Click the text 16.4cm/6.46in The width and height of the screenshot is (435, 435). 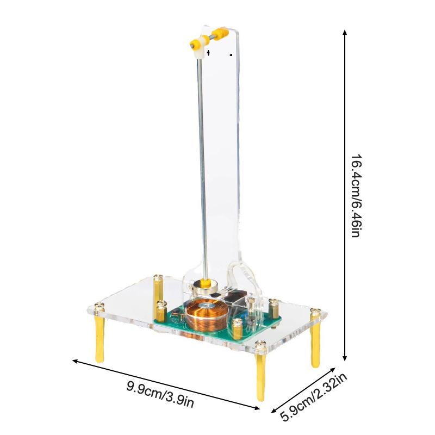pyautogui.click(x=356, y=196)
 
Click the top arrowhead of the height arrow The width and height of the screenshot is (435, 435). pyautogui.click(x=345, y=32)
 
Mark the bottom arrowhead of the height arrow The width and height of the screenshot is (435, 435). pyautogui.click(x=345, y=358)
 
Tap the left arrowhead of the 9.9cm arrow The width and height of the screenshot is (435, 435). pyautogui.click(x=75, y=361)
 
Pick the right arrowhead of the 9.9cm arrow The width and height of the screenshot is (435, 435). pyautogui.click(x=257, y=407)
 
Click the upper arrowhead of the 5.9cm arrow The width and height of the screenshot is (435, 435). pyautogui.click(x=333, y=370)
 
